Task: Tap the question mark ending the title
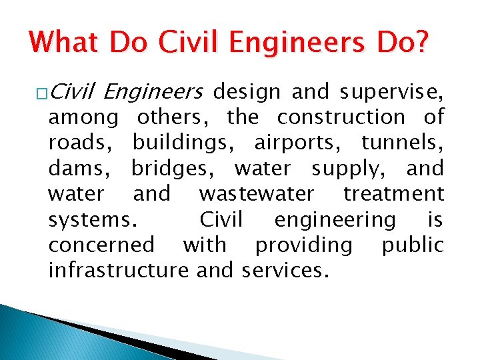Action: coord(421,43)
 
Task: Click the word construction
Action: coord(341,117)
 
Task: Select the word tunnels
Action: coord(402,143)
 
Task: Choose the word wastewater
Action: coord(256,194)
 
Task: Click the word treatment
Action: coord(393,194)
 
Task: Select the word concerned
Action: coord(101,245)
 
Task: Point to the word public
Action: coord(412,245)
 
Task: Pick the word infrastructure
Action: coord(119,270)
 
